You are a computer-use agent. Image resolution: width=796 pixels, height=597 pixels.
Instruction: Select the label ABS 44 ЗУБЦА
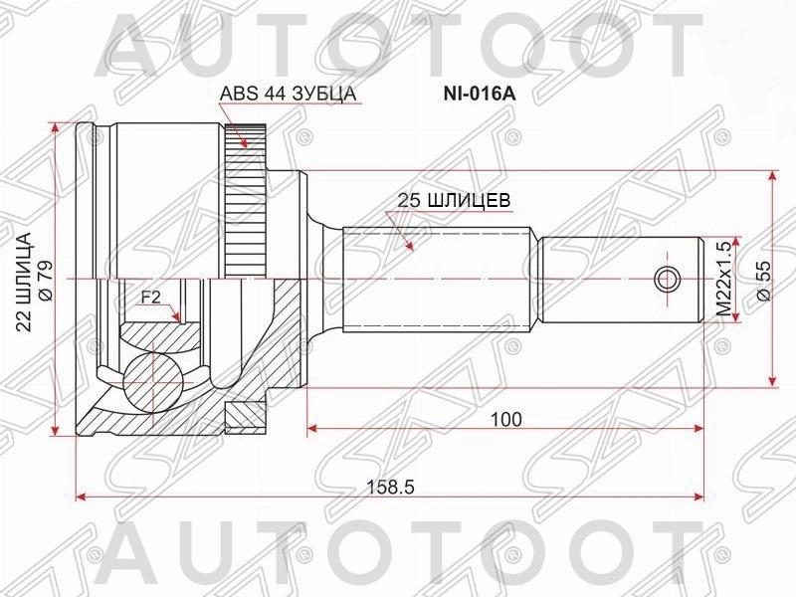[x=288, y=94]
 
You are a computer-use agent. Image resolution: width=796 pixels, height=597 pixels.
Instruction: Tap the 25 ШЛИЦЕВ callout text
[x=454, y=200]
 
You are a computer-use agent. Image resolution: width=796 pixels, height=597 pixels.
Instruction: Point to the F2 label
[x=150, y=297]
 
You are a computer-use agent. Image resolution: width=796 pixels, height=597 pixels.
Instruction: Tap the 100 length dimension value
[x=505, y=419]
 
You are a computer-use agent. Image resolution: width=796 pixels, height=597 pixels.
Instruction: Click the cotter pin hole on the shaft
[x=666, y=280]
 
